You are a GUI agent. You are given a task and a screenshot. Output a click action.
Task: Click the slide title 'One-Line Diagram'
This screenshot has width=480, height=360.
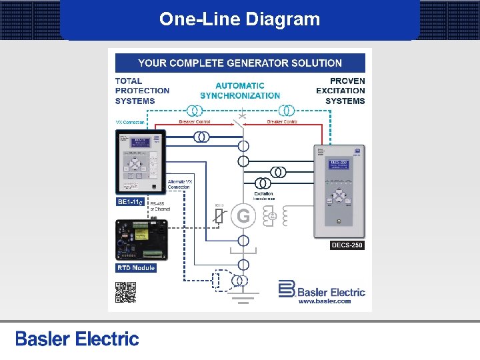pos(239,19)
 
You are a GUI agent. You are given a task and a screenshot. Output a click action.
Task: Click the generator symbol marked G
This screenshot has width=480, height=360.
pos(243,216)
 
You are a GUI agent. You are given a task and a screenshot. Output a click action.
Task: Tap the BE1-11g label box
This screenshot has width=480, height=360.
pos(131,201)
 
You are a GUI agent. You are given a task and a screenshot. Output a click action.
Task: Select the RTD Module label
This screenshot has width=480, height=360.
pos(136,268)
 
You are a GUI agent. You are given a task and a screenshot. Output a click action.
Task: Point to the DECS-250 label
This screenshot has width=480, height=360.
pos(347,245)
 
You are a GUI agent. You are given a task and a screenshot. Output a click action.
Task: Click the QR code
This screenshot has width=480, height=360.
pos(125,293)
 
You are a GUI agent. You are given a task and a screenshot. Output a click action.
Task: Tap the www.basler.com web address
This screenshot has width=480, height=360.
pos(324,301)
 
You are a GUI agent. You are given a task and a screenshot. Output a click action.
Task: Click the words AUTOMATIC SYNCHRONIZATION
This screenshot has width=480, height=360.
pos(240,91)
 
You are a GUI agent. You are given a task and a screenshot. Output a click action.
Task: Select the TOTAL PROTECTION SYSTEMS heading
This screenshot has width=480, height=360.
pos(142,91)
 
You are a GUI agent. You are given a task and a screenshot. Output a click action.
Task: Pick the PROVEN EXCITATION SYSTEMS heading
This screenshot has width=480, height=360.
pos(341,91)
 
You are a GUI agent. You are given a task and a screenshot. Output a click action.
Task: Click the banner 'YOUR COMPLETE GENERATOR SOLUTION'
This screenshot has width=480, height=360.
pos(240,63)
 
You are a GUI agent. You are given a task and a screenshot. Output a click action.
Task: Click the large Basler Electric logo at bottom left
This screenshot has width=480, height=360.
pos(77,339)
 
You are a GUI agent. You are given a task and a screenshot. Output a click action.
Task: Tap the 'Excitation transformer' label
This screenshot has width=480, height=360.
pos(263,196)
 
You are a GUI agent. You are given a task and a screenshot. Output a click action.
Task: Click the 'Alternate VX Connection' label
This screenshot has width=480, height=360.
pos(179,185)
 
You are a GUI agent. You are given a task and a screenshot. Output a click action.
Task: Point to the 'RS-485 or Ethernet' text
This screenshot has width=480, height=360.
pos(160,206)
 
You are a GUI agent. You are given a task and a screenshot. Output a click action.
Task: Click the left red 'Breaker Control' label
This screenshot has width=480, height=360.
pos(195,122)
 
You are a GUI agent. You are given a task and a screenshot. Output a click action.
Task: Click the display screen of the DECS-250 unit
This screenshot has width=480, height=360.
pos(339,165)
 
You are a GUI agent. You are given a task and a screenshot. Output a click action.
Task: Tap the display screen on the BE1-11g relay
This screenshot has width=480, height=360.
pos(141,143)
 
